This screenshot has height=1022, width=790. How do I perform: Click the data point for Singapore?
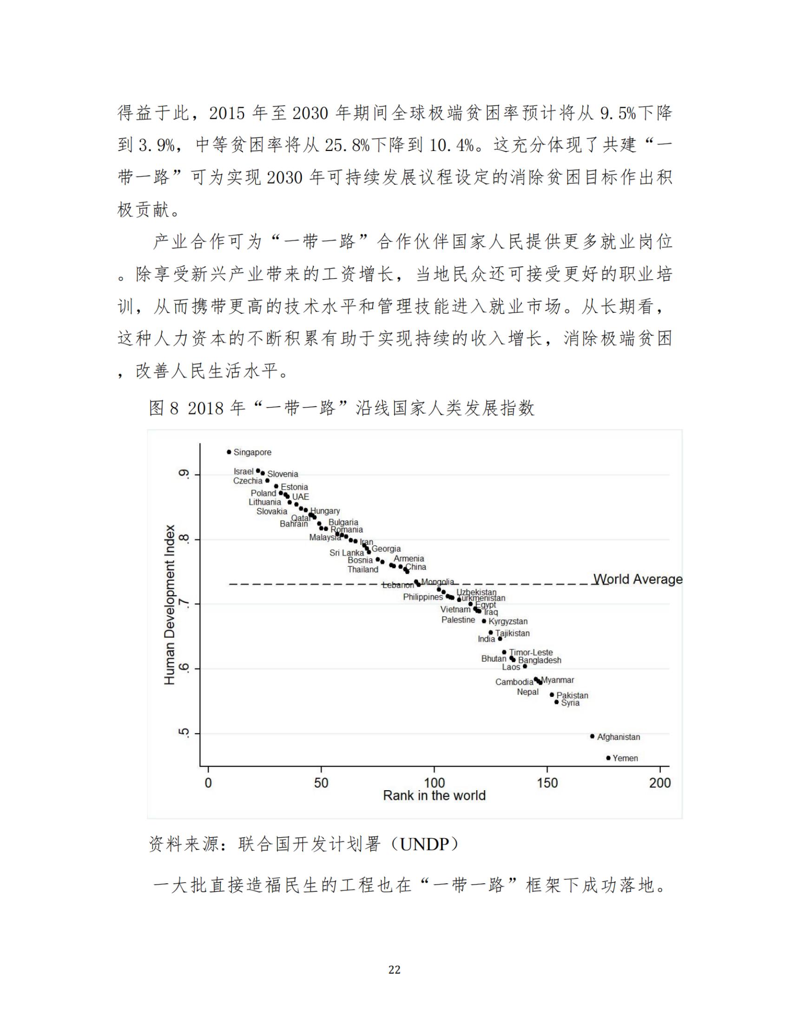pyautogui.click(x=229, y=452)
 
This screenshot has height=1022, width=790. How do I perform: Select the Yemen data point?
pyautogui.click(x=608, y=758)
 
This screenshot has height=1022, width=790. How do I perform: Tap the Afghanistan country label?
pyautogui.click(x=618, y=737)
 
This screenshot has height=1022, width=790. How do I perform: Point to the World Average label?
pyautogui.click(x=638, y=579)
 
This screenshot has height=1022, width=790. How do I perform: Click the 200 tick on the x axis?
pyautogui.click(x=660, y=783)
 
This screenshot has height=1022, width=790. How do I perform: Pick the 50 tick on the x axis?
pyautogui.click(x=321, y=783)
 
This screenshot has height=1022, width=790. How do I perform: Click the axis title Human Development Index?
pyautogui.click(x=170, y=604)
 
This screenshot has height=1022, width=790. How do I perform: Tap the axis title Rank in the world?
pyautogui.click(x=434, y=795)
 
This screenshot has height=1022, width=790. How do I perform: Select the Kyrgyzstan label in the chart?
pyautogui.click(x=508, y=622)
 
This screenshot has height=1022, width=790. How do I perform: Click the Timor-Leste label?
pyautogui.click(x=531, y=652)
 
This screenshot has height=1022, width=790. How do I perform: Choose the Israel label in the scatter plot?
pyautogui.click(x=244, y=471)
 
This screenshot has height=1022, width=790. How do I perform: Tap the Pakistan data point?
pyautogui.click(x=552, y=695)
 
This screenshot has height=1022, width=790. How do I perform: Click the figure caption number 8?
pyautogui.click(x=174, y=408)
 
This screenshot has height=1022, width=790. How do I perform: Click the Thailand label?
pyautogui.click(x=363, y=570)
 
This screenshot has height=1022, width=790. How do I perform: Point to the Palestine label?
pyautogui.click(x=458, y=620)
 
